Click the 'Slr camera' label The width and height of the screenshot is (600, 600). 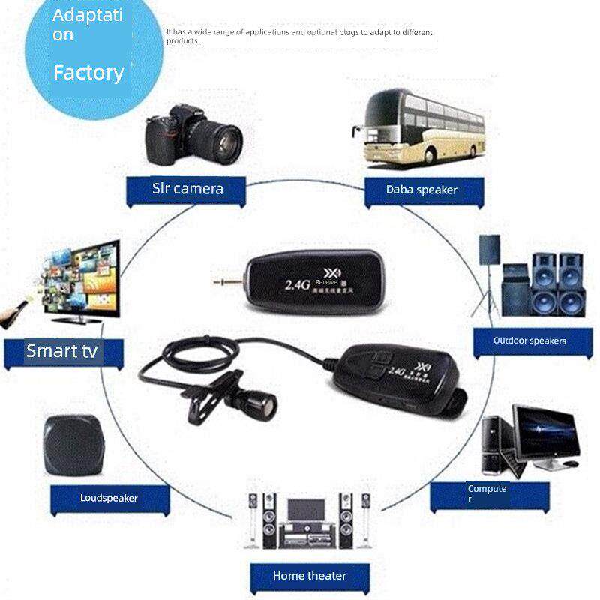pos(187,188)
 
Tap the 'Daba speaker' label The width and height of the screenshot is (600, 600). pos(421,190)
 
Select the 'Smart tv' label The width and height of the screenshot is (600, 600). pos(61,350)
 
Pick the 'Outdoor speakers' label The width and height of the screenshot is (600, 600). pos(529,340)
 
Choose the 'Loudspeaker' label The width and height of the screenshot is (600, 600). pos(109,498)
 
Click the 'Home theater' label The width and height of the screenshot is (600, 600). pos(310,576)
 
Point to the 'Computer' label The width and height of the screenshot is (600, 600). pos(487,493)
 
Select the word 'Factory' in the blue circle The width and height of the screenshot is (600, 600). pos(88,73)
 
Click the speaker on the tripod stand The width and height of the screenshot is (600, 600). pos(490,248)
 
